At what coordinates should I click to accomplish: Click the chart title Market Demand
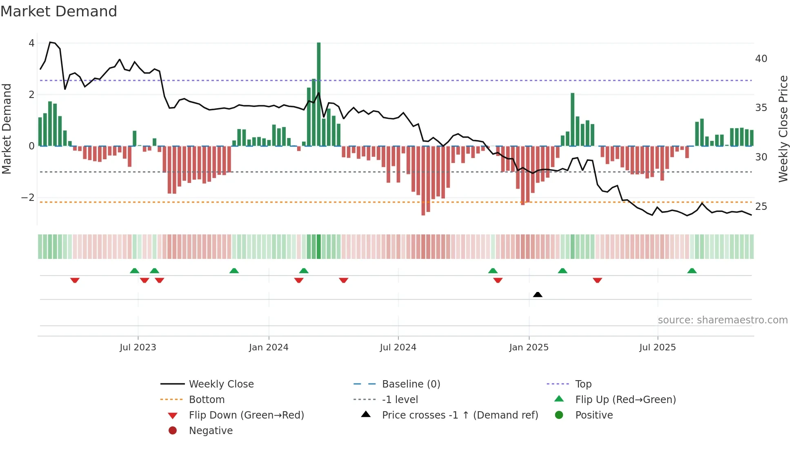pos(59,11)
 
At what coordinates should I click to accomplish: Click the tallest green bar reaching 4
pos(319,94)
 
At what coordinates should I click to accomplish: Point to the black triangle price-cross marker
pos(538,294)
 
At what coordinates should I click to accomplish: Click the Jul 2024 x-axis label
pos(398,348)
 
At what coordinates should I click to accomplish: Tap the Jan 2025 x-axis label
pos(529,348)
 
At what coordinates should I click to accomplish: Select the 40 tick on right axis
pos(761,59)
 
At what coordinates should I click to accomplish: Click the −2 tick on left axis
pos(28,198)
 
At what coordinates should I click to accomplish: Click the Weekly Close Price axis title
pos(783,129)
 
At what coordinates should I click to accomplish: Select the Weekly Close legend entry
pos(221,384)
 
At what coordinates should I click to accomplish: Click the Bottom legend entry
pos(207,400)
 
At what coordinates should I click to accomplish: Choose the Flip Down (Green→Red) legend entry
pos(246,415)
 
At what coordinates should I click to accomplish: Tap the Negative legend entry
pos(211,431)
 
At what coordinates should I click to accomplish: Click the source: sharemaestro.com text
pos(722,320)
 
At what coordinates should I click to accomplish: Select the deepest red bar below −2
pos(423,180)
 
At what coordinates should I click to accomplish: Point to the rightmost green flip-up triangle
pos(692,271)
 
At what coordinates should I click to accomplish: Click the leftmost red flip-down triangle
pos(75,280)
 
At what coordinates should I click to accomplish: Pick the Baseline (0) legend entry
pos(411,384)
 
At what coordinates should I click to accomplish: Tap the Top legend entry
pos(583,384)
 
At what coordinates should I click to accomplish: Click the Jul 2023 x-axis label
pos(138,348)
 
